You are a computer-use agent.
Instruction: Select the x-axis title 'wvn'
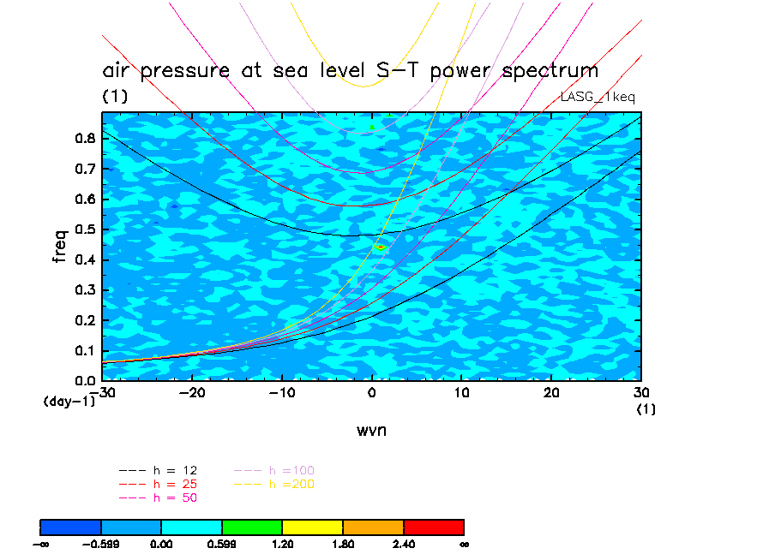click(371, 430)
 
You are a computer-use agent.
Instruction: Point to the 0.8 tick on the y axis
click(83, 139)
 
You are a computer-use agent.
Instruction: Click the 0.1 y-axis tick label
click(83, 350)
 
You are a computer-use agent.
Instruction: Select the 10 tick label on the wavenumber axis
click(461, 392)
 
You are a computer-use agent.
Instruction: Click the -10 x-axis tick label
click(281, 392)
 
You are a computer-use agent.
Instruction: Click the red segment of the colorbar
click(433, 526)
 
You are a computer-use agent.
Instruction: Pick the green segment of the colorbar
click(252, 526)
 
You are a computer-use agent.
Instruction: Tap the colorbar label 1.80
click(343, 543)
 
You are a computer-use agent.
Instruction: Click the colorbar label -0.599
click(101, 543)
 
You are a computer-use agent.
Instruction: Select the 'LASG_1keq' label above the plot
click(598, 98)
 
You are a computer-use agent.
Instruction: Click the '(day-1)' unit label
click(69, 401)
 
